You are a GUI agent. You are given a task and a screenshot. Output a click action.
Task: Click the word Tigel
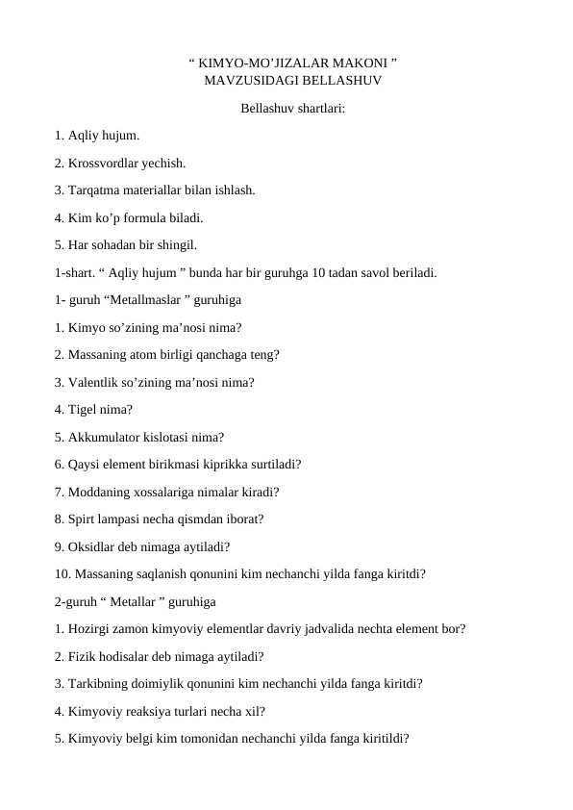[x=84, y=409]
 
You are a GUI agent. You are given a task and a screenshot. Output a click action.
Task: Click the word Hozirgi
[x=90, y=629]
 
